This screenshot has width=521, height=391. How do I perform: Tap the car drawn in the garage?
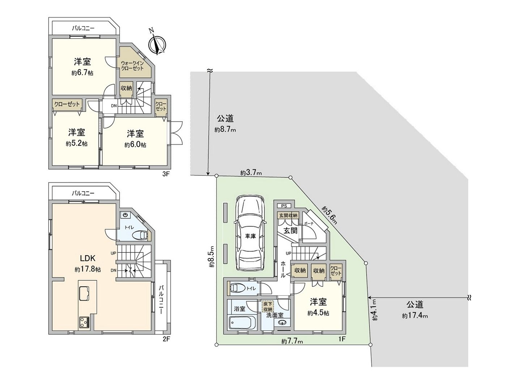click(x=249, y=233)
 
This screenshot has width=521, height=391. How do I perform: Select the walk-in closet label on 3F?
click(x=132, y=66)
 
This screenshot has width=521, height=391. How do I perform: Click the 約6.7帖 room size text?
click(x=82, y=73)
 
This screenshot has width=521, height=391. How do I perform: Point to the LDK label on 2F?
click(x=88, y=258)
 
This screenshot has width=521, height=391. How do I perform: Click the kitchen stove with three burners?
click(x=85, y=322)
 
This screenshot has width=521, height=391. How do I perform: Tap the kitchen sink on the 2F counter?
click(x=85, y=293)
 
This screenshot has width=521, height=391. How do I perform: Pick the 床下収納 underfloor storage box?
click(x=268, y=306)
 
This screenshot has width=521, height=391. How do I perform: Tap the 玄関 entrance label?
click(x=290, y=230)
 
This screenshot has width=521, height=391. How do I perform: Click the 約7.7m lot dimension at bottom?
click(x=292, y=341)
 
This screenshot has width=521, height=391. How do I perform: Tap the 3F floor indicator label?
click(x=166, y=174)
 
